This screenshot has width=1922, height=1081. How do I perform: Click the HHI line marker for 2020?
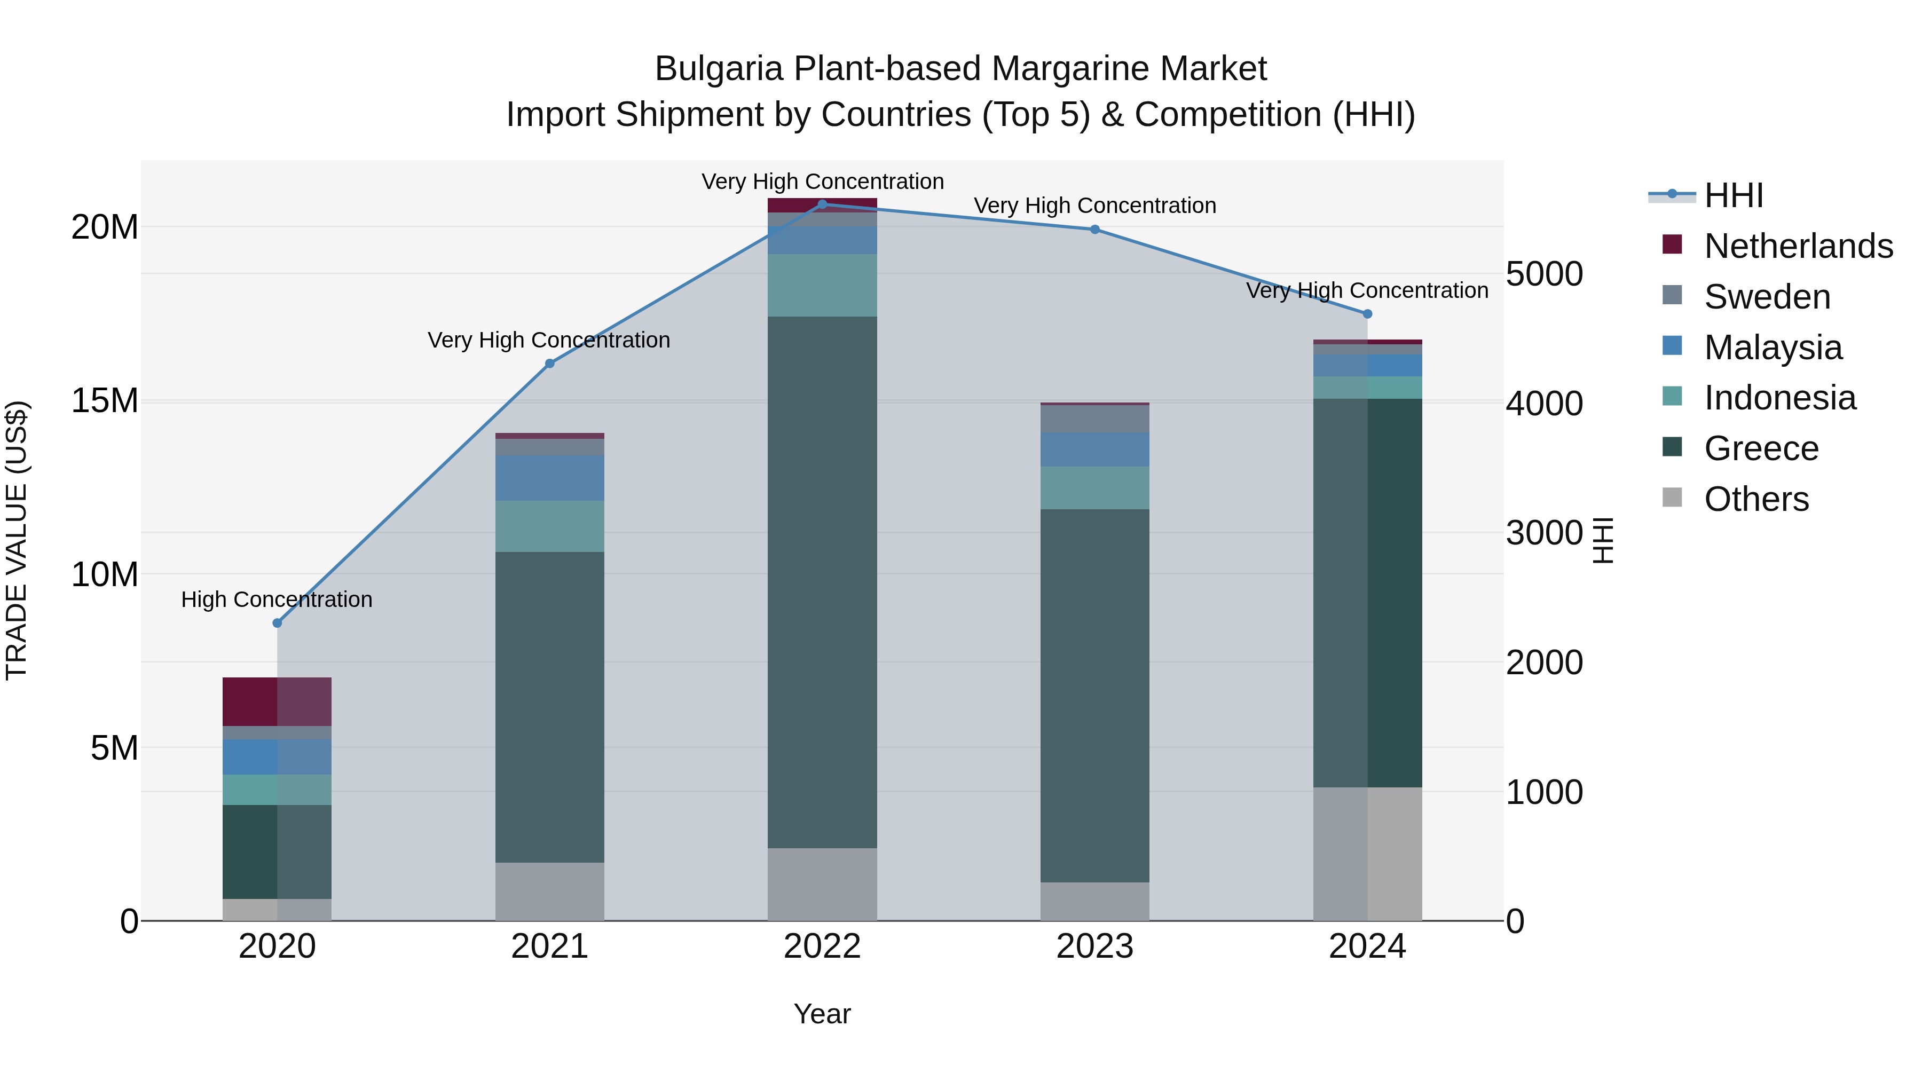[277, 623]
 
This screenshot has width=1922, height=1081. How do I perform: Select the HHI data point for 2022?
[822, 204]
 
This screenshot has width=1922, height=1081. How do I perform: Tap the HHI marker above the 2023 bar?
[1094, 230]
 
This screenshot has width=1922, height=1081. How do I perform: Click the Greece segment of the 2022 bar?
[822, 582]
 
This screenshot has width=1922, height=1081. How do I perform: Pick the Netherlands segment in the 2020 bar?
[277, 701]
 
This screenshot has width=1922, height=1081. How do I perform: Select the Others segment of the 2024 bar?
[1367, 854]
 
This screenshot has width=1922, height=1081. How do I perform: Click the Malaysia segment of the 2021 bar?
[549, 478]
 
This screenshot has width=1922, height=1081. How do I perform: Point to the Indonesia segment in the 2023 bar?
[1094, 488]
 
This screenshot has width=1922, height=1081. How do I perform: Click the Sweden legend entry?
[1767, 297]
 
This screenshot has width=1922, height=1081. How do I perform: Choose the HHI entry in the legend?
[1733, 195]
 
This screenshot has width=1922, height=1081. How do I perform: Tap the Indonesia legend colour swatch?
[1672, 396]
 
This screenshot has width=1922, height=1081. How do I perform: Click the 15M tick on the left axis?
[105, 400]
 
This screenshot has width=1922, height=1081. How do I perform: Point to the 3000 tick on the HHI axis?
[1543, 533]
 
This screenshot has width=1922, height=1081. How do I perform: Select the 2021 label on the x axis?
[549, 946]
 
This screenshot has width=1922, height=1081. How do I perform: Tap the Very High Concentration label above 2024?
[1367, 290]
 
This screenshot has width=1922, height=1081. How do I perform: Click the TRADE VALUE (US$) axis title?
[17, 540]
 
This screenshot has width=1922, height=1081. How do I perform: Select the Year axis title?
[822, 1014]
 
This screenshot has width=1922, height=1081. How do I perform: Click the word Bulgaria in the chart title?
[719, 69]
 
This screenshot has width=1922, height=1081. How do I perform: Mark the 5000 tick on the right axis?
[1543, 274]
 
